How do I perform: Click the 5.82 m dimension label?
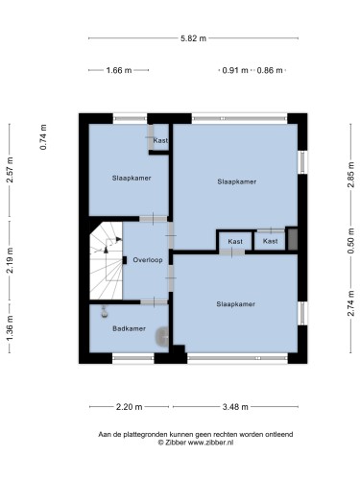[x=193, y=38]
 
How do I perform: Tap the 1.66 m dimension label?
[x=119, y=70]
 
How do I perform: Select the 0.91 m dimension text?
[x=235, y=70]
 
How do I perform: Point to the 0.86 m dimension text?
[x=270, y=70]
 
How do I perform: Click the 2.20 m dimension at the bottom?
[x=129, y=407]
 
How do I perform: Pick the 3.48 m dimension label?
[x=235, y=407]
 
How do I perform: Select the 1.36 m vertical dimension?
[x=10, y=328]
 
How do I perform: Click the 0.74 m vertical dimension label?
[x=43, y=137]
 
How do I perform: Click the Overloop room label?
[x=148, y=260]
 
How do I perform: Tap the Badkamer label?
[x=129, y=328]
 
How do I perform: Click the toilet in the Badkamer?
[x=162, y=337]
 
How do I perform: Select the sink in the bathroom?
[x=105, y=312]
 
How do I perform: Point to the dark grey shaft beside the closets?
[x=293, y=239]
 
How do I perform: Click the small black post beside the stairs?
[x=125, y=260]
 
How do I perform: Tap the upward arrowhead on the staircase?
[x=106, y=250]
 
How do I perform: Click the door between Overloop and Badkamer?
[x=154, y=301]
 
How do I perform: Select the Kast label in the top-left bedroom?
[x=160, y=140]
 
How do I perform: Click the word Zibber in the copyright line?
[x=176, y=443]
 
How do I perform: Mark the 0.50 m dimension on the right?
[x=351, y=241]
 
